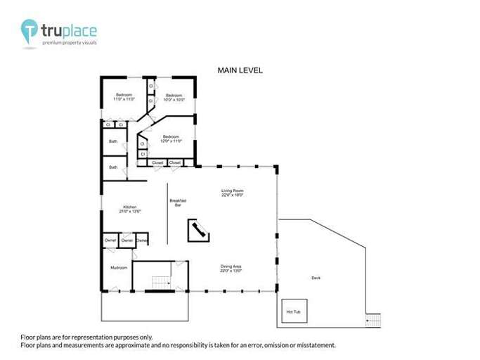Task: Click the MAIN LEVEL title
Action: [240, 70]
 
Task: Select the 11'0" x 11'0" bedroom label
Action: [124, 97]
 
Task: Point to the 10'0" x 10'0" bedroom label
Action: [174, 97]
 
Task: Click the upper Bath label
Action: [112, 141]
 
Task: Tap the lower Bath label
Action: [112, 167]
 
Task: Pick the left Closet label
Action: [157, 162]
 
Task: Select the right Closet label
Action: [175, 162]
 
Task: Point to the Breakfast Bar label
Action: [177, 202]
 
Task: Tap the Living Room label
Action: [232, 193]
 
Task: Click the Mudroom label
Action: [118, 268]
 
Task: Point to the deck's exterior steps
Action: [373, 320]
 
